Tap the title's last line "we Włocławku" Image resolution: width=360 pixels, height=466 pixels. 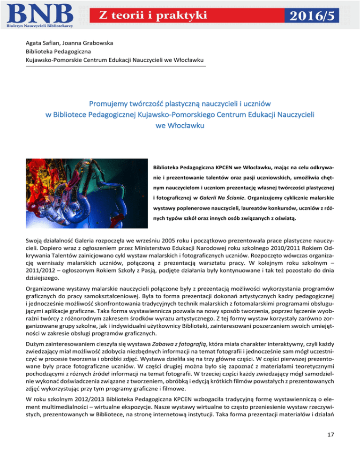[x=180, y=125]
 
